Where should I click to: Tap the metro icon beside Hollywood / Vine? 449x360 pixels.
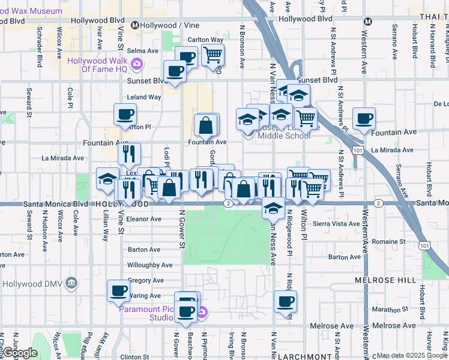tap(135, 25)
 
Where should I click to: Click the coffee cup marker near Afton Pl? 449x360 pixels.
tap(125, 115)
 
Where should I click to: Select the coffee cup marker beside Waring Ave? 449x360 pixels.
tap(118, 291)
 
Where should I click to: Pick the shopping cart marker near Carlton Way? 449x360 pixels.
tap(212, 56)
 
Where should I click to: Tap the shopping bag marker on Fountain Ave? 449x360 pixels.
tap(206, 125)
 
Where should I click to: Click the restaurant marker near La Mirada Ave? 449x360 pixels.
tap(129, 155)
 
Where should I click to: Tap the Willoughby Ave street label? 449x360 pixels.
tap(149, 265)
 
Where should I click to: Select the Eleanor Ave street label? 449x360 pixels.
tap(143, 219)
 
